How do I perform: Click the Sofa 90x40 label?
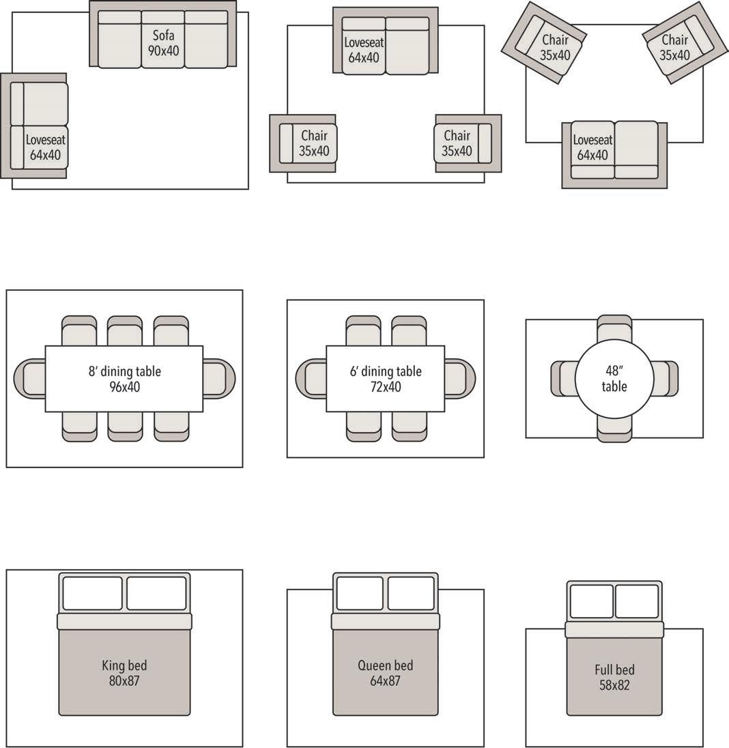click(x=162, y=42)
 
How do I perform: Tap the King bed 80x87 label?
click(x=124, y=672)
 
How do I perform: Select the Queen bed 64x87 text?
click(x=386, y=672)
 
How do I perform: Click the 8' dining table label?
click(x=124, y=379)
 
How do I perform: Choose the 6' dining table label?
click(x=386, y=379)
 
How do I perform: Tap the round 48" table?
click(x=614, y=379)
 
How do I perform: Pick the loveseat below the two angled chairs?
click(x=614, y=154)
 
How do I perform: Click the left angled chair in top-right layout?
click(x=545, y=42)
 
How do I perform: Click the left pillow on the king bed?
click(x=92, y=593)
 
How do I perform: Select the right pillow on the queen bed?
click(x=411, y=593)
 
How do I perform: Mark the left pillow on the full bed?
click(x=591, y=601)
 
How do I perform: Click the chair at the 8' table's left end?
click(x=30, y=379)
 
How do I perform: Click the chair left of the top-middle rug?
click(x=303, y=143)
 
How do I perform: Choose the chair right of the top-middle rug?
click(x=468, y=143)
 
